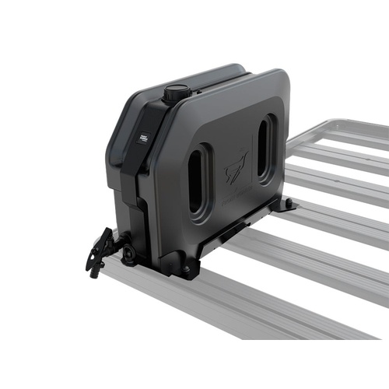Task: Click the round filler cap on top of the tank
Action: tap(175, 93)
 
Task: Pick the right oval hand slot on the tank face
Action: tap(265, 149)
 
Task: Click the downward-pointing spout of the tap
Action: tap(96, 268)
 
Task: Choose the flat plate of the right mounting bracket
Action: tap(282, 209)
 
